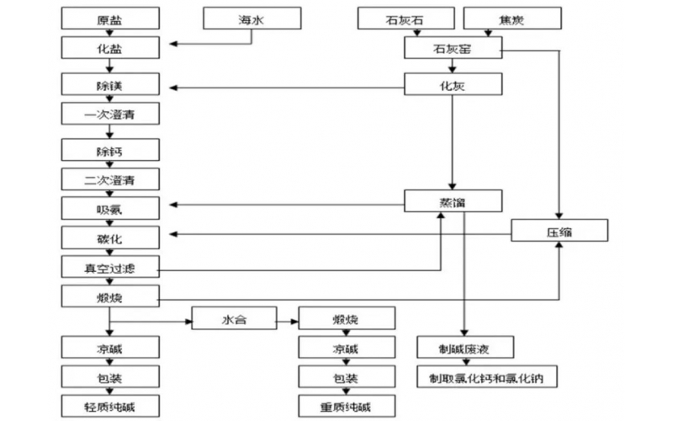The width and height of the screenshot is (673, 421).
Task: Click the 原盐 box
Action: click(x=109, y=18)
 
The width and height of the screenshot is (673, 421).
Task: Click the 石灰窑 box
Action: click(x=453, y=51)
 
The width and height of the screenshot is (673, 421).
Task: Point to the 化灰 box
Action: click(x=453, y=85)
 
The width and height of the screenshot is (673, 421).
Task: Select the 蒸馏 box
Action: click(x=453, y=201)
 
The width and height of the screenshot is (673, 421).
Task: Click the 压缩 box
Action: click(x=560, y=230)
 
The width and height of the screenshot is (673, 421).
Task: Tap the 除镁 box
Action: click(x=109, y=86)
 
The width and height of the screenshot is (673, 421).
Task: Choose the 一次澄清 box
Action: click(x=109, y=115)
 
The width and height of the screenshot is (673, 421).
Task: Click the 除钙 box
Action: click(x=109, y=151)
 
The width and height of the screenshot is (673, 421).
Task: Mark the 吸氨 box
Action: click(x=109, y=207)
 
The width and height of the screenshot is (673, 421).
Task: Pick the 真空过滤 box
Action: click(x=109, y=268)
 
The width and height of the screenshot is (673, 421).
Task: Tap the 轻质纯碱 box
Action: click(x=109, y=408)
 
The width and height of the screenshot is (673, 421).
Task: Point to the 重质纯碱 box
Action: click(x=346, y=408)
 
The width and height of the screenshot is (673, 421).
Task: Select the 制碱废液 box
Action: click(x=464, y=347)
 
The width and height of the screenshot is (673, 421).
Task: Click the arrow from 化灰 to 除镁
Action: click(x=286, y=86)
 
